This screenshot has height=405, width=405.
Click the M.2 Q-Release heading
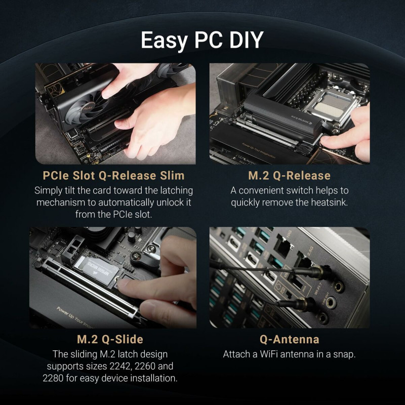[289, 176]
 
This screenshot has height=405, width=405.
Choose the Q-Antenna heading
[289, 339]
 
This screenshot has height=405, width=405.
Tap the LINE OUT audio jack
[332, 303]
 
